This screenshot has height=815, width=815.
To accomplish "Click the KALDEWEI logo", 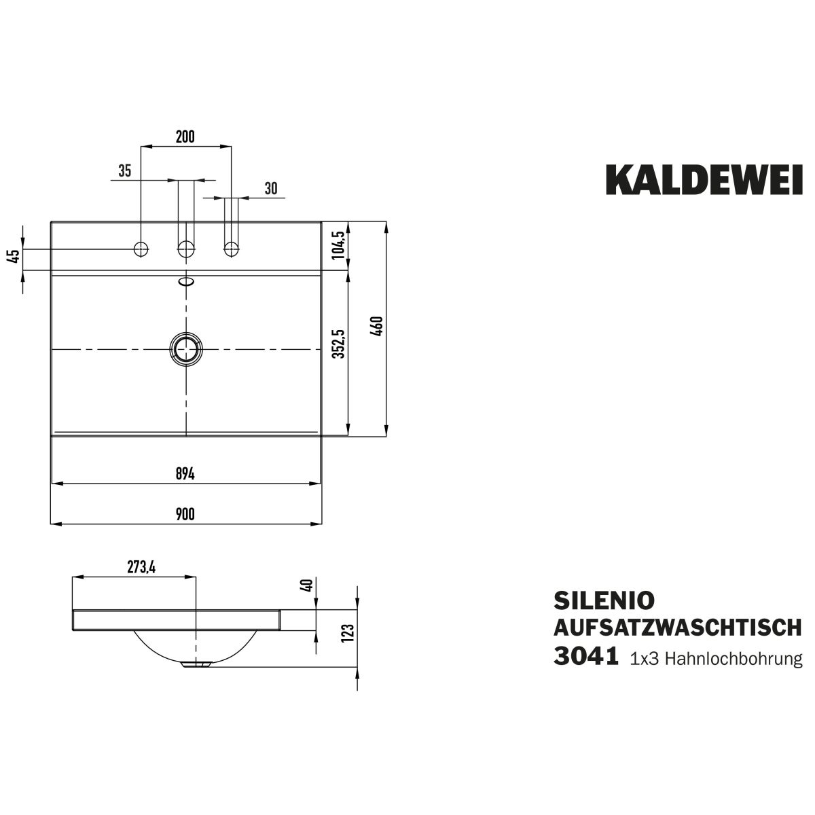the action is [x=704, y=180].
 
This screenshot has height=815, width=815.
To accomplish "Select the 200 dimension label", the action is [x=185, y=137].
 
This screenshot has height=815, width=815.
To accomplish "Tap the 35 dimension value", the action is [x=125, y=171].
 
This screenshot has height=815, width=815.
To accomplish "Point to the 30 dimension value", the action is [x=271, y=189].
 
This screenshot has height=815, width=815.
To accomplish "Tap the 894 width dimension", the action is [x=185, y=475].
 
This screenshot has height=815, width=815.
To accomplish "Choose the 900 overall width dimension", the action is [x=185, y=514].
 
